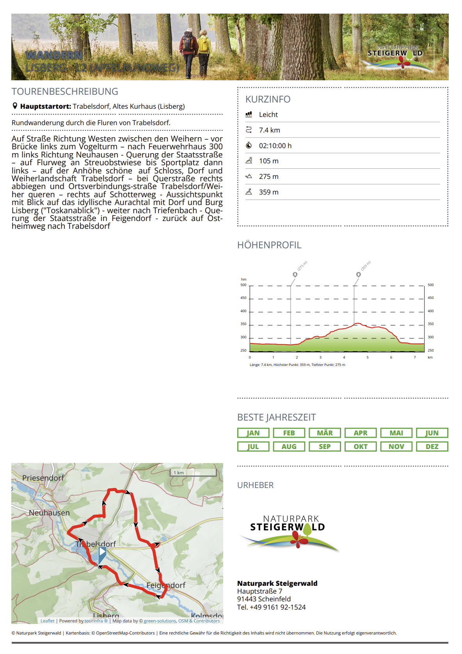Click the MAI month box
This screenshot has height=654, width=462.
[x=396, y=433]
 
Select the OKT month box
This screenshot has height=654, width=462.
[x=361, y=447]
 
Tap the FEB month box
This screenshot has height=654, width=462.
[x=289, y=433]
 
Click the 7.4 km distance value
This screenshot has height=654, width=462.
[x=269, y=130]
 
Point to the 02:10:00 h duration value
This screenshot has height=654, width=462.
[x=275, y=146]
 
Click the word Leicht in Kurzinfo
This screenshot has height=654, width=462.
[x=268, y=115]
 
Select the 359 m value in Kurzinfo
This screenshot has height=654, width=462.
[x=268, y=192]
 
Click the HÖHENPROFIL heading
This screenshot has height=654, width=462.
[x=269, y=245]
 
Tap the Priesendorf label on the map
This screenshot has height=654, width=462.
[x=43, y=478]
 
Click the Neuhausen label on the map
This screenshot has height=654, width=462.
[x=49, y=513]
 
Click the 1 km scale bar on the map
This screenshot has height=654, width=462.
[x=194, y=473]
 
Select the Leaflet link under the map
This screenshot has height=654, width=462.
[x=47, y=621]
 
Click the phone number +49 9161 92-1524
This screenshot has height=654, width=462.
[x=277, y=607]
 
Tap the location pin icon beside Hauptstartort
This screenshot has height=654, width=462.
[x=15, y=106]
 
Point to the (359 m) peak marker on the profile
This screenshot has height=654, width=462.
[x=358, y=274]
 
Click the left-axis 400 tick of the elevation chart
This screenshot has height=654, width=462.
[x=243, y=311]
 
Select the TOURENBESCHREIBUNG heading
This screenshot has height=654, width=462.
[x=65, y=92]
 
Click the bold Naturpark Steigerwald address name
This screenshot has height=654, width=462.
[x=277, y=583]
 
